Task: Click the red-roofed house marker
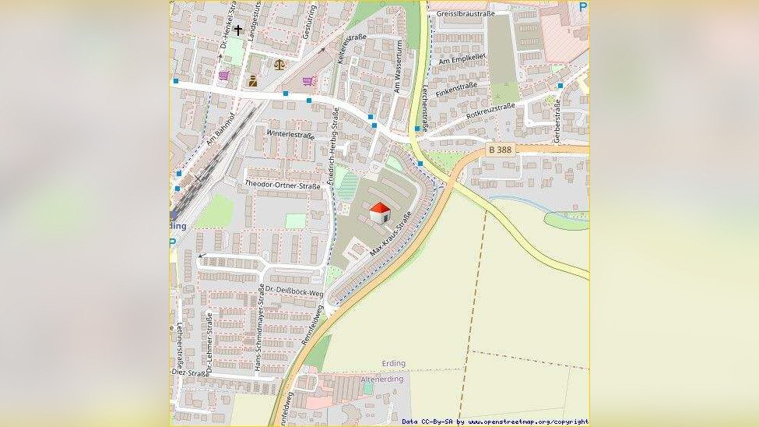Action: point(379,212)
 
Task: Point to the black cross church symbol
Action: point(237,30)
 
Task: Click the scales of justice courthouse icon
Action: point(279,64)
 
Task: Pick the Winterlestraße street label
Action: point(290,134)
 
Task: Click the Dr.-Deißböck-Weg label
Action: point(293,291)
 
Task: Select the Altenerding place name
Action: point(382,379)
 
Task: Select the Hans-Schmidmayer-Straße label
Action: point(258,327)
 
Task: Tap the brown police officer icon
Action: point(252,80)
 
